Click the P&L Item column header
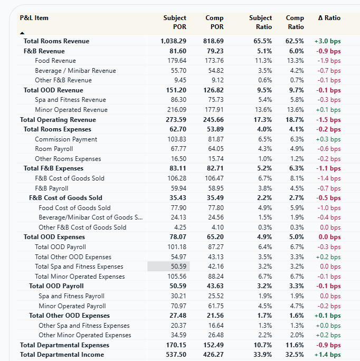pyautogui.click(x=34, y=18)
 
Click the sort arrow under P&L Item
pyautogui.click(x=22, y=33)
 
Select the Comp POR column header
pyautogui.click(x=214, y=22)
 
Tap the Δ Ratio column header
pyautogui.click(x=329, y=18)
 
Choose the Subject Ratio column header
pyautogui.click(x=261, y=22)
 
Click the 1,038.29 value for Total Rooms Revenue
pyautogui.click(x=174, y=41)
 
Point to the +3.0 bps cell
pyautogui.click(x=327, y=41)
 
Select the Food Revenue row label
pyautogui.click(x=55, y=61)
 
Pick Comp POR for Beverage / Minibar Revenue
pyautogui.click(x=216, y=71)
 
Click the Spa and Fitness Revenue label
pyautogui.click(x=71, y=100)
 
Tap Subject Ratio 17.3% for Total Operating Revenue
pyautogui.click(x=264, y=120)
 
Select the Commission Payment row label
pyautogui.click(x=66, y=139)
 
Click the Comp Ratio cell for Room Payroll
pyautogui.click(x=297, y=149)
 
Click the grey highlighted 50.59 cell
pyautogui.click(x=168, y=267)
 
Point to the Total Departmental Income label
pyautogui.click(x=62, y=355)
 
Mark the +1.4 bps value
pyautogui.click(x=327, y=355)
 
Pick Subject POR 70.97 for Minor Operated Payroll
pyautogui.click(x=178, y=306)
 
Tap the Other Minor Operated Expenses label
pyautogui.click(x=85, y=335)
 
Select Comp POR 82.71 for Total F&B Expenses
pyautogui.click(x=215, y=168)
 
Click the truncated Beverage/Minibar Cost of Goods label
pyautogui.click(x=90, y=217)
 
